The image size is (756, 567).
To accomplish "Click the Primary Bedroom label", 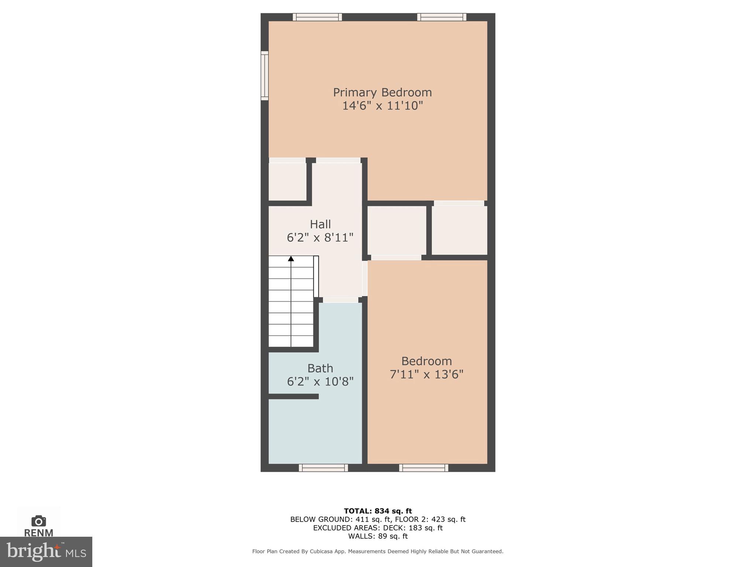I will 382,92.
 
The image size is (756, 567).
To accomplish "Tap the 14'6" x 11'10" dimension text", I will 382,106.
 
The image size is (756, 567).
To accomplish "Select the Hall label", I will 320,224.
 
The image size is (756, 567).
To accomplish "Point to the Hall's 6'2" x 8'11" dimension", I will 320,238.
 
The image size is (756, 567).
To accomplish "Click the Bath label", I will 320,368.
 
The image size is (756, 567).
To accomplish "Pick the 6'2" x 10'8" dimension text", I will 320,382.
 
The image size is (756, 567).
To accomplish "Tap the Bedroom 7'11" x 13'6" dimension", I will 426,375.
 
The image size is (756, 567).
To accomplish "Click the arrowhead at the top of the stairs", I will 291,259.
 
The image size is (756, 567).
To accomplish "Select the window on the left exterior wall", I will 264,76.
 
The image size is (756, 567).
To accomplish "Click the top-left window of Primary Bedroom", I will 317,17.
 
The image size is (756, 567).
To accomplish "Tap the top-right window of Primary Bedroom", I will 441,17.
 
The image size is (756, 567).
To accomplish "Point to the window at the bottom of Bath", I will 323,468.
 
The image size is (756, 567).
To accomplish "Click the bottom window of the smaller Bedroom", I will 423,468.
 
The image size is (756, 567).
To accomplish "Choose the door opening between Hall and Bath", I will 340,300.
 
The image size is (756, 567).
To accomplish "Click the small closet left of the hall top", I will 287,182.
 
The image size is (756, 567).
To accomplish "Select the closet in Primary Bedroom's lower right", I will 459,230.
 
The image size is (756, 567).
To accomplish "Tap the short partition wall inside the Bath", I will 293,396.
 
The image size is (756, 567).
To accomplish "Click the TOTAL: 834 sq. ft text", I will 378,511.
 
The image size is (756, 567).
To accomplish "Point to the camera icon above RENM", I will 38,521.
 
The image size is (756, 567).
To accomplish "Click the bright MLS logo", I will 46,552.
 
